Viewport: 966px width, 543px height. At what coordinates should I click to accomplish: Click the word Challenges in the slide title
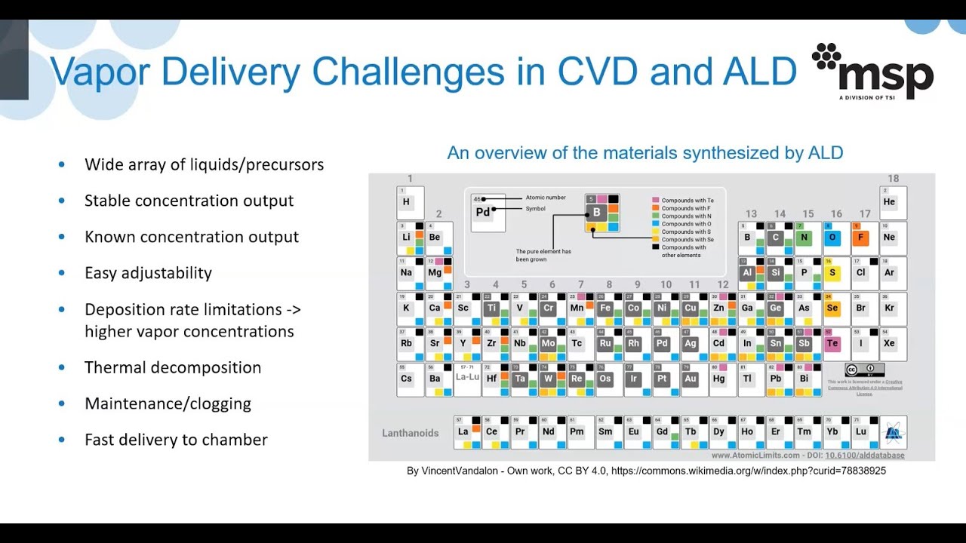tap(408, 72)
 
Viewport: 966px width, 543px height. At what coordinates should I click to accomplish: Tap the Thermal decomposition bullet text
tap(173, 368)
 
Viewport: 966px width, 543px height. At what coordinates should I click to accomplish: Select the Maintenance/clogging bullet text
tap(168, 403)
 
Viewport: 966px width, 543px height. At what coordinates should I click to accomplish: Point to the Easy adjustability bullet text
tap(148, 273)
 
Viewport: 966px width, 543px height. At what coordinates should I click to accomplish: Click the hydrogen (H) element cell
tap(410, 202)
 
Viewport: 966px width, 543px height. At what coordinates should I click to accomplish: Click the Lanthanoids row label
tap(410, 433)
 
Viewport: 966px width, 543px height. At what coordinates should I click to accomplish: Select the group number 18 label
tap(893, 179)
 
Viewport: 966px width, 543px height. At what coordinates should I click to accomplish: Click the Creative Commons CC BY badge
tap(864, 370)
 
